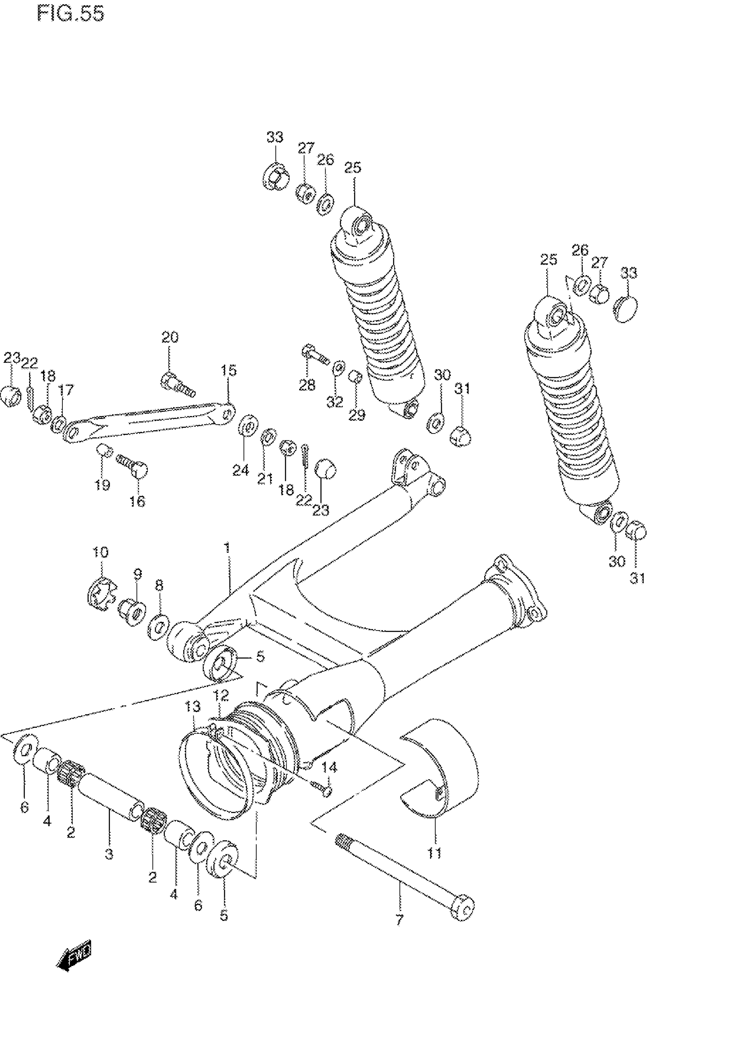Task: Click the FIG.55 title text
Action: [70, 14]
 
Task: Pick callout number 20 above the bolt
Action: [170, 338]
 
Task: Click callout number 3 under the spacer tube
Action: [109, 854]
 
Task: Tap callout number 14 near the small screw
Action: [329, 768]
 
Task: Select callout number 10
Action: [100, 553]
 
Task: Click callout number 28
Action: [307, 385]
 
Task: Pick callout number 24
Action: [241, 470]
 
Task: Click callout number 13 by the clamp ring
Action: [192, 707]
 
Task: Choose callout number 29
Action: [357, 415]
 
